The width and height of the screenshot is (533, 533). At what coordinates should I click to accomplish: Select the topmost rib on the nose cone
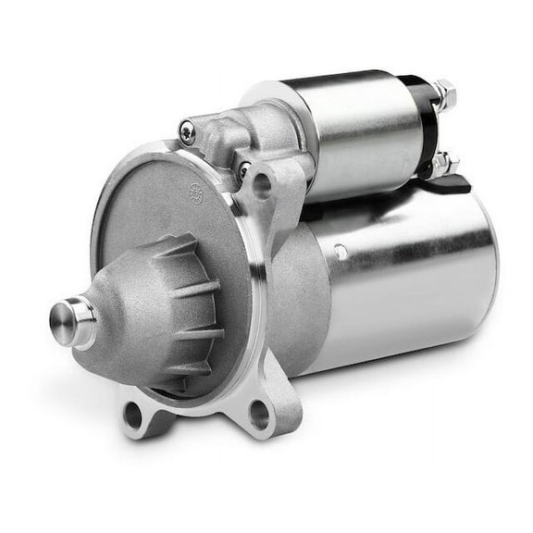pos(171,248)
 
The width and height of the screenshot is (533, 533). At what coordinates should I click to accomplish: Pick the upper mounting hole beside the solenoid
pos(262,182)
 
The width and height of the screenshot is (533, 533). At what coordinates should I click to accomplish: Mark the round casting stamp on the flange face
pos(196,193)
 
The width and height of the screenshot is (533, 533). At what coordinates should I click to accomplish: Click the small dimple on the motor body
pos(339,251)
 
